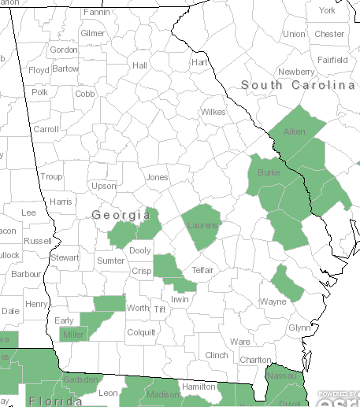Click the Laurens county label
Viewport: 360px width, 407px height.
[x=203, y=226]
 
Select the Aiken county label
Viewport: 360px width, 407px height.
[x=294, y=131]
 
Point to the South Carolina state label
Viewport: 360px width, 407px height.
[x=299, y=85]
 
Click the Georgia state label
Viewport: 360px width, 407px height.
[x=121, y=215]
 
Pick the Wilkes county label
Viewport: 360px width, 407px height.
[x=213, y=112]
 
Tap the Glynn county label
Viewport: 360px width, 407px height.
[x=299, y=327]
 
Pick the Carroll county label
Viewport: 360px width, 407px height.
[x=46, y=129]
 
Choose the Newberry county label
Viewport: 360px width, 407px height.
[x=295, y=72]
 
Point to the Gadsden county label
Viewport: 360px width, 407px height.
[x=82, y=380]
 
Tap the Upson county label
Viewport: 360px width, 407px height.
[x=103, y=186]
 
